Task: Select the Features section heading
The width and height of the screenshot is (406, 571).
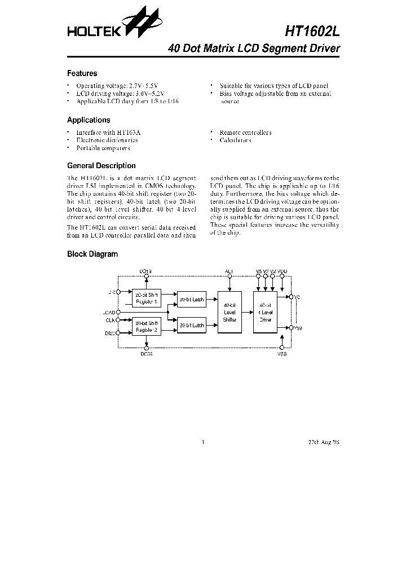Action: pos(82,73)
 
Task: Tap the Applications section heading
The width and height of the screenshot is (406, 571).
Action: pos(89,120)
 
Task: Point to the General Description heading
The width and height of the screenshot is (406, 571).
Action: pos(101,166)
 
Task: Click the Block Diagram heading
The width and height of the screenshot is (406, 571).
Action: pos(92,254)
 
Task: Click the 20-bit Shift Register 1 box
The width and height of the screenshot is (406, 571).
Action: pos(147,298)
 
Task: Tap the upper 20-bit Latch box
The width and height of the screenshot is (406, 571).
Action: pos(191,300)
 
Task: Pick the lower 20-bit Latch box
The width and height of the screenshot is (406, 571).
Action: pos(191,326)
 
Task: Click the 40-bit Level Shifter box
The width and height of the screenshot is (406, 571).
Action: pos(229,312)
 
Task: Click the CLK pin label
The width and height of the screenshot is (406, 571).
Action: pos(110,320)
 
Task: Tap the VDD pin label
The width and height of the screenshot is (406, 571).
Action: pos(283,271)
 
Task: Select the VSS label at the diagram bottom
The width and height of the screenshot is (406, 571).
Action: pos(282,354)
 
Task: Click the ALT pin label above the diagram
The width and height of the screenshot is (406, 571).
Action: pos(229,271)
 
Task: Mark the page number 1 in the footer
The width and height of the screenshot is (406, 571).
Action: pos(202,442)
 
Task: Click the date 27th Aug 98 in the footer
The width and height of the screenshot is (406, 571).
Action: pos(324,442)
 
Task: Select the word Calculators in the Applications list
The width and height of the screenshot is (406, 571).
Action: pos(236,140)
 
